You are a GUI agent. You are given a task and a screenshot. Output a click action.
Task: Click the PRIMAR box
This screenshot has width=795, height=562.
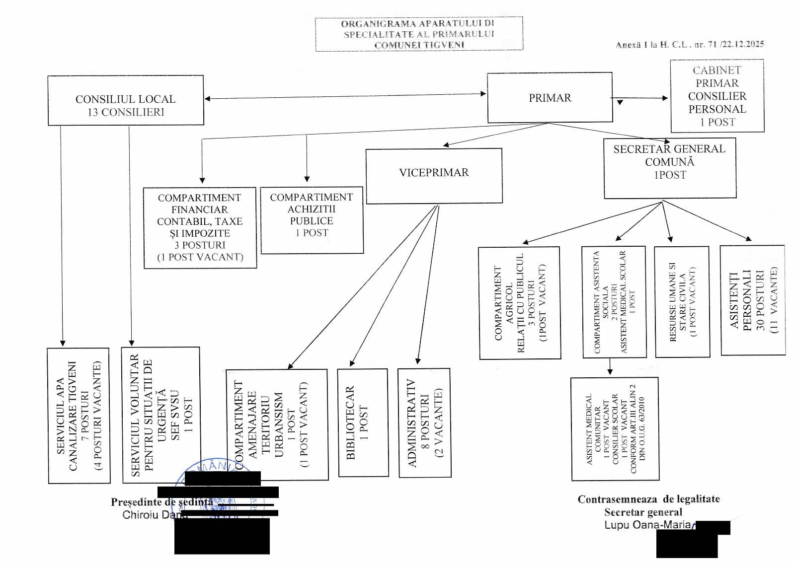(550, 97)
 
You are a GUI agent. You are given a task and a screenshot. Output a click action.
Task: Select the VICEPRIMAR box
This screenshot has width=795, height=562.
(434, 176)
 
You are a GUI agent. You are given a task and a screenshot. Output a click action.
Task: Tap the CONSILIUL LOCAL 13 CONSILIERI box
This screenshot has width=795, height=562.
(126, 100)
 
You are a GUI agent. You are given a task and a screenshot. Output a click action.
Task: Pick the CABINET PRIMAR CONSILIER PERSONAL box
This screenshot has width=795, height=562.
(717, 96)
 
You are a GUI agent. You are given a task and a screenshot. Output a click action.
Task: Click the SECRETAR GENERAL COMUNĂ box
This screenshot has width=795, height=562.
(669, 168)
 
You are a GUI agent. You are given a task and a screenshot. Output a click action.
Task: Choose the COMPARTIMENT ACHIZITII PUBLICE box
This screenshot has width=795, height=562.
(312, 219)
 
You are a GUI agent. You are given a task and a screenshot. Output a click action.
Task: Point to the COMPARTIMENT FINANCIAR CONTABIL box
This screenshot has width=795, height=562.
(200, 227)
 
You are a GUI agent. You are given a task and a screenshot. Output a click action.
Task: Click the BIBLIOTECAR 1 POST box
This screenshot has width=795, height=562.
(363, 422)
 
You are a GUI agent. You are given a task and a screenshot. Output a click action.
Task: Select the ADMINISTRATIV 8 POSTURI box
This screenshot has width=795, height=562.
(424, 423)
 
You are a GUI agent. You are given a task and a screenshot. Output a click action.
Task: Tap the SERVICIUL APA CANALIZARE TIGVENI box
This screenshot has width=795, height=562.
(79, 416)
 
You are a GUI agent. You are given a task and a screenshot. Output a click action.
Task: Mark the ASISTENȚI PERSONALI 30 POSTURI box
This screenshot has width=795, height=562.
(752, 300)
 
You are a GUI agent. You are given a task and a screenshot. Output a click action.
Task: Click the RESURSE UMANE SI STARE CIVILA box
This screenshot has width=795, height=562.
(682, 302)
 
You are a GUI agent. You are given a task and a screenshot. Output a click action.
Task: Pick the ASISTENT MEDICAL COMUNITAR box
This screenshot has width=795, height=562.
(615, 429)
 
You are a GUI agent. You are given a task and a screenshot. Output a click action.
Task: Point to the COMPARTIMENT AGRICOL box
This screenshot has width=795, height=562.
(519, 303)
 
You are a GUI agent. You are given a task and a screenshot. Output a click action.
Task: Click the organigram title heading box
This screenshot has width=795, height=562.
(419, 34)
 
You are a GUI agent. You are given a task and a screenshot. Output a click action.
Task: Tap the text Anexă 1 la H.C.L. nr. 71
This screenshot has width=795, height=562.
(689, 45)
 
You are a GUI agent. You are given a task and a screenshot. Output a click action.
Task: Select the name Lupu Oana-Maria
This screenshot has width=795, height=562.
(647, 525)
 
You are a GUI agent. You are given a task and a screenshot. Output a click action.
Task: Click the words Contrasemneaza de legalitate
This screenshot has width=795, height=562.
(648, 499)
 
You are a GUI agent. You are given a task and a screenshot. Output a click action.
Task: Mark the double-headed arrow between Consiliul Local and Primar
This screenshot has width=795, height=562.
(345, 96)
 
